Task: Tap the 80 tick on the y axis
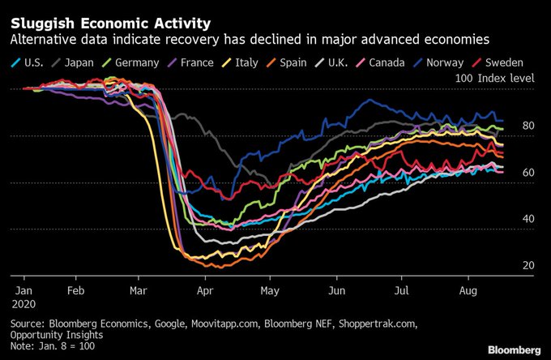coord(528,126)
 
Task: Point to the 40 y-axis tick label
coord(528,219)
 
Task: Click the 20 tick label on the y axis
coord(528,265)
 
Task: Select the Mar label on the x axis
coord(137,288)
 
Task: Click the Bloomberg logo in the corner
coord(514,349)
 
